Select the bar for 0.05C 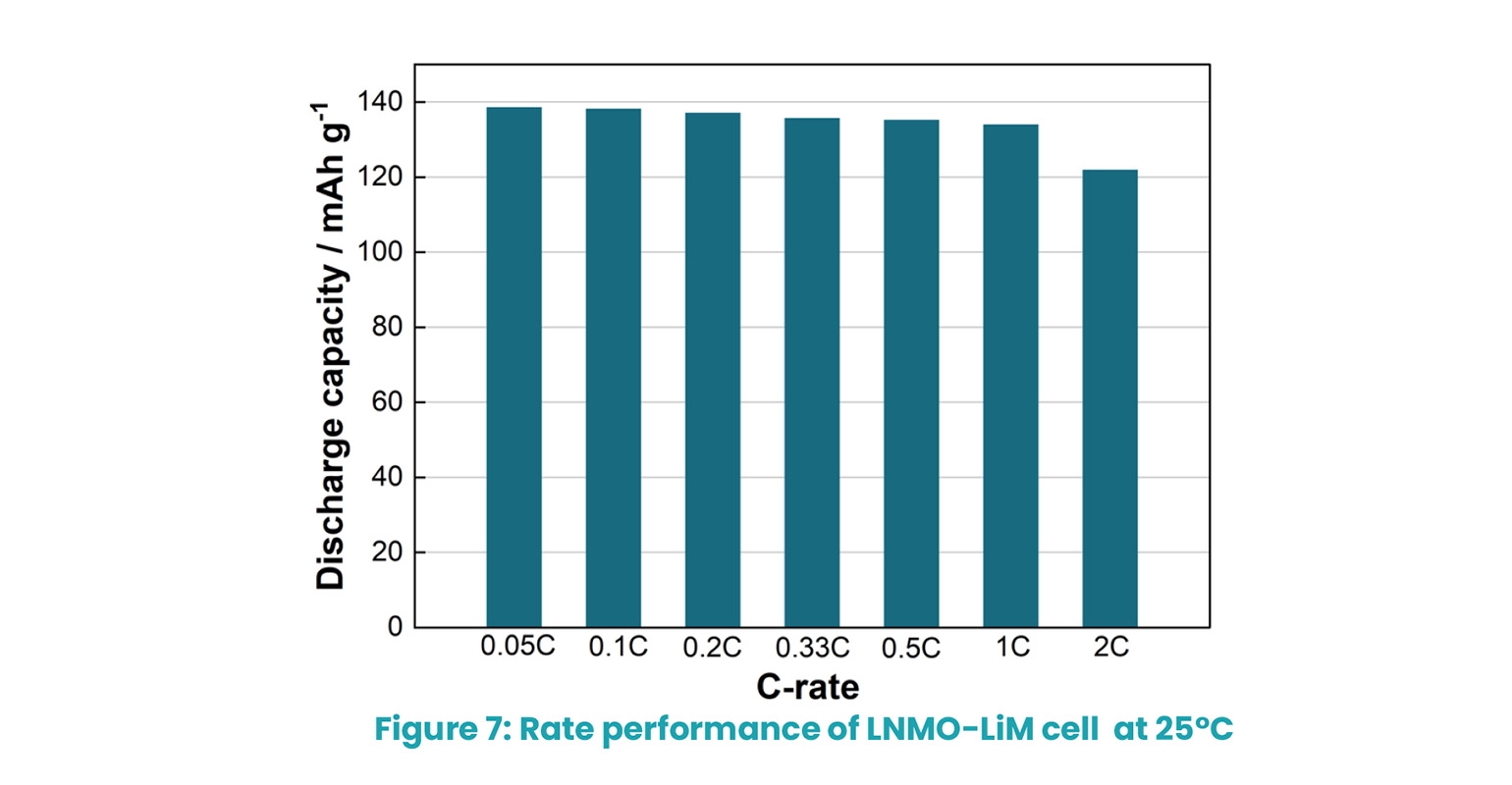coord(513,367)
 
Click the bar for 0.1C coord(613,368)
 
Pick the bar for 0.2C coord(713,370)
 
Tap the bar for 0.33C coord(812,372)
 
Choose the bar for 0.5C coord(911,373)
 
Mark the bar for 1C coord(1010,376)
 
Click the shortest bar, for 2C coord(1109,398)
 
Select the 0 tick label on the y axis coord(395,627)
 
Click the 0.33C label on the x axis coord(812,649)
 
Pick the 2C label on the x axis coord(1109,648)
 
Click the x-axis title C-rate coord(808,687)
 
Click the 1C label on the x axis coord(1010,648)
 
